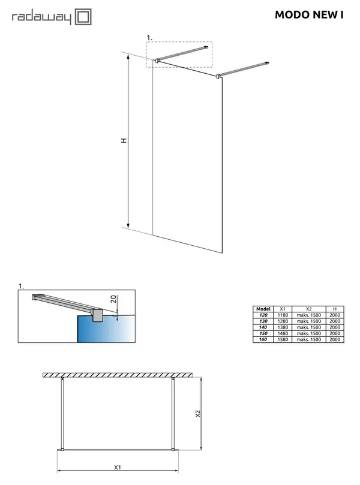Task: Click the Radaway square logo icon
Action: [x=83, y=17]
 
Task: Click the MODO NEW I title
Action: [x=309, y=15]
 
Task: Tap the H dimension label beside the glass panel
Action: [x=124, y=140]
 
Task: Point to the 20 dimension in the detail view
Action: [x=113, y=299]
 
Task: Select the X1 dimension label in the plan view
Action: [x=118, y=467]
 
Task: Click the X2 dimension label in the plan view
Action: [x=198, y=414]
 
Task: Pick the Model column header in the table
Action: [x=263, y=309]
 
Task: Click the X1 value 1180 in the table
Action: [x=283, y=315]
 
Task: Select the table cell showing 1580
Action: [x=283, y=339]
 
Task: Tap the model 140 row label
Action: [x=263, y=327]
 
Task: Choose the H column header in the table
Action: [x=335, y=309]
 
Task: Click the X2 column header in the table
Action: [x=308, y=309]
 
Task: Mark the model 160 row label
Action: [x=263, y=339]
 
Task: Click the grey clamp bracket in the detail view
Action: [x=97, y=315]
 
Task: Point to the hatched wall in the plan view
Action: [x=118, y=375]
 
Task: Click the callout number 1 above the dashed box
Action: [x=149, y=38]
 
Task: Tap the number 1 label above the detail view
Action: [x=21, y=286]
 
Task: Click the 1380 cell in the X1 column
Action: [x=283, y=327]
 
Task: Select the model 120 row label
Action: [x=263, y=315]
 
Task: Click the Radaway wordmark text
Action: [x=41, y=17]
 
